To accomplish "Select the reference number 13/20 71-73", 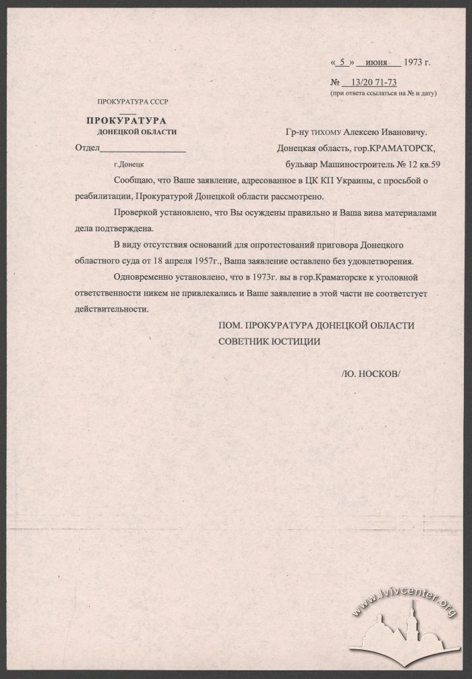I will click(372, 82).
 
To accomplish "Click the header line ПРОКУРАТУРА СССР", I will click(132, 102).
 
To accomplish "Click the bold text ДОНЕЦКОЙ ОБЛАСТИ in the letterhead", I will click(137, 131).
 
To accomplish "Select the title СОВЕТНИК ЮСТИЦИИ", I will click(268, 341).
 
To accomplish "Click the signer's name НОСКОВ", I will click(380, 373).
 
